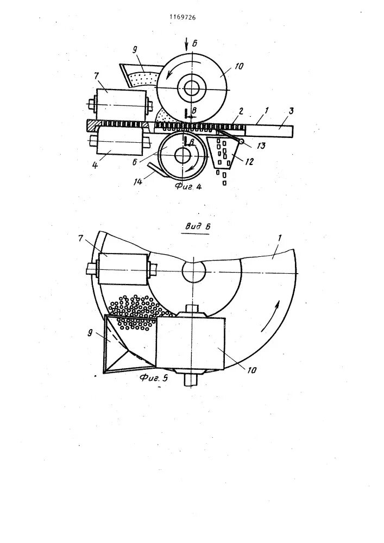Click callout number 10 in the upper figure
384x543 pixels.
pos(240,67)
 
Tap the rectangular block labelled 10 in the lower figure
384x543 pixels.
pos(190,342)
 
